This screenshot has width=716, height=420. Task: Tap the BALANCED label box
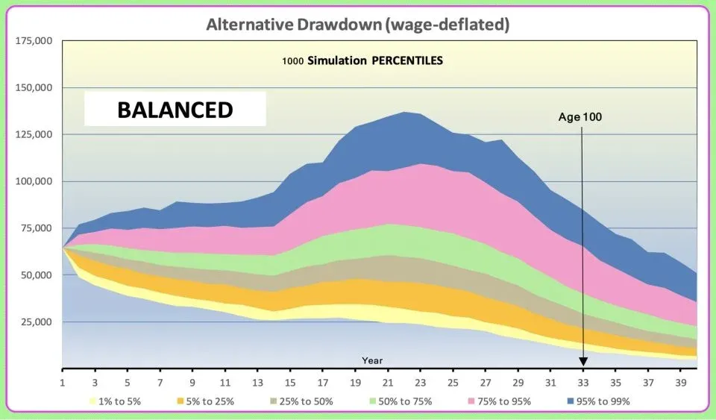coord(175,110)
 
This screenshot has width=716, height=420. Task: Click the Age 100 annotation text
coord(580,117)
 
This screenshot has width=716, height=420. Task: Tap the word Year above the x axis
coord(372,360)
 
